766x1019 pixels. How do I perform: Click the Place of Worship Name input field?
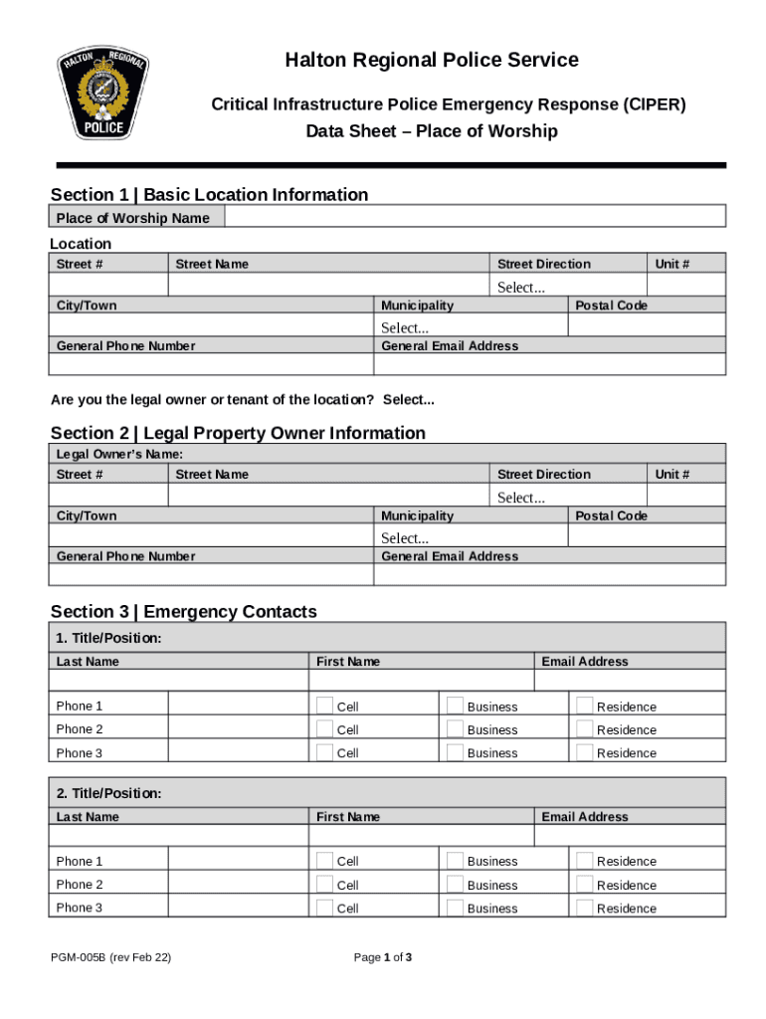tap(475, 217)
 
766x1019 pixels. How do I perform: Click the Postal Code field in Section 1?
tap(647, 325)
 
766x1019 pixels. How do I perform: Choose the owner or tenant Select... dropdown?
tap(409, 400)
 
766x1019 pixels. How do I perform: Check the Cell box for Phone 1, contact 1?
tap(325, 706)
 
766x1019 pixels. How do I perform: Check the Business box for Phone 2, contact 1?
tap(455, 729)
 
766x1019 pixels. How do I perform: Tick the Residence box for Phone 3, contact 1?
tap(585, 753)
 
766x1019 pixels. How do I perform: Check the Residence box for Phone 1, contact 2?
tap(585, 861)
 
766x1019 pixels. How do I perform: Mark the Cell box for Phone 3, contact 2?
tap(325, 908)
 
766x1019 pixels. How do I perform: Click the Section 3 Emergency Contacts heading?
tap(184, 611)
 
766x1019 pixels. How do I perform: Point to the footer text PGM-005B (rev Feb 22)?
tap(111, 957)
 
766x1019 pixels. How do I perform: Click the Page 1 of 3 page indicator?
tap(383, 957)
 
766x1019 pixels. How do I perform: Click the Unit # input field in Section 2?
tap(686, 496)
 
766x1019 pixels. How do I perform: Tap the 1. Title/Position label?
tap(108, 638)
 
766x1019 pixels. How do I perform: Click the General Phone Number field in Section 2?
tap(212, 575)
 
